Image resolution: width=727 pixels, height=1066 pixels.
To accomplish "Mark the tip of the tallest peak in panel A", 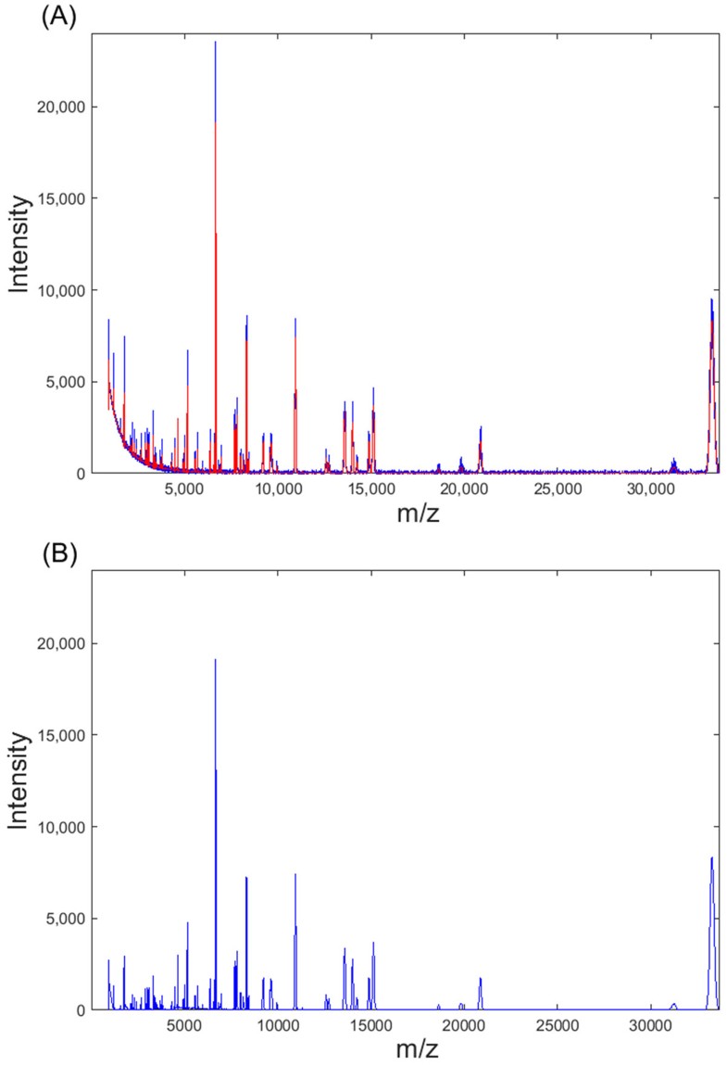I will (x=215, y=43).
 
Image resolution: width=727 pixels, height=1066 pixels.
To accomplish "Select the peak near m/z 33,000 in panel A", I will (x=711, y=300).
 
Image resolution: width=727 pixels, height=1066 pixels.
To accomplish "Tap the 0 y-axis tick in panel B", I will (x=81, y=1009).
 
